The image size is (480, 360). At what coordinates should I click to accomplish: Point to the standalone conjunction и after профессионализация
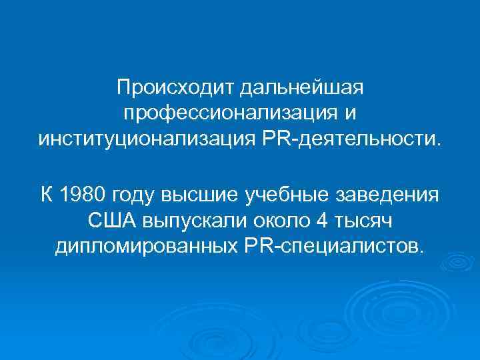pyautogui.click(x=349, y=114)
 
